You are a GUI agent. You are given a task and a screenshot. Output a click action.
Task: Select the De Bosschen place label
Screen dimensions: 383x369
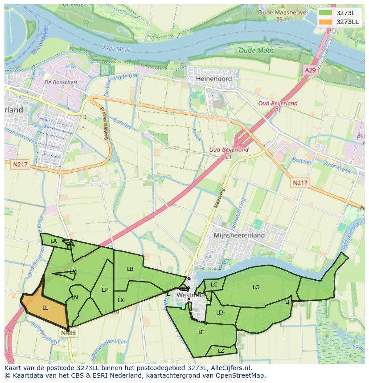tap(61, 82)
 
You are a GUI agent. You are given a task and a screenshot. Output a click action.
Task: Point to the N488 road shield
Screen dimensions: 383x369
tap(68, 332)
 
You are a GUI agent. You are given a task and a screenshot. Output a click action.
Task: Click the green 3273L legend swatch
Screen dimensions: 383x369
tap(325, 13)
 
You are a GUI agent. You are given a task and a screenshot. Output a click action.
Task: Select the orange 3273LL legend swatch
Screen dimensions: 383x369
tap(325, 22)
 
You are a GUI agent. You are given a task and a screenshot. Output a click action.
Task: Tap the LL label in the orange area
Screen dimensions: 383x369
tap(45, 307)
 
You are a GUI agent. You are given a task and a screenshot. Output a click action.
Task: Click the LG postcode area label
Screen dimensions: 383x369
tap(256, 287)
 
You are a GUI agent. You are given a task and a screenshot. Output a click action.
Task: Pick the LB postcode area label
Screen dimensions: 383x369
tap(130, 269)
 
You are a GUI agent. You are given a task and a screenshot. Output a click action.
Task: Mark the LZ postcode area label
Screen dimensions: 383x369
tap(221, 351)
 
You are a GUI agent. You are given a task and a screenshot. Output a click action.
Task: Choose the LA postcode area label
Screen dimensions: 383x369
tap(53, 241)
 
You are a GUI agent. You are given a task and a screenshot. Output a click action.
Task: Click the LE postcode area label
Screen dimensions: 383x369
tap(201, 332)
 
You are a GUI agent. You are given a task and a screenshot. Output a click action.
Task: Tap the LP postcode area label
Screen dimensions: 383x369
tap(104, 290)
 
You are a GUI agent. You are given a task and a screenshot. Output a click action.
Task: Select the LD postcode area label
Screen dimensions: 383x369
tap(219, 313)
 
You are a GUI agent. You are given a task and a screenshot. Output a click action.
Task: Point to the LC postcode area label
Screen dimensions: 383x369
tap(214, 285)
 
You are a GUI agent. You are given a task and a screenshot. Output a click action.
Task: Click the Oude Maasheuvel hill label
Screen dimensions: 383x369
tap(283, 13)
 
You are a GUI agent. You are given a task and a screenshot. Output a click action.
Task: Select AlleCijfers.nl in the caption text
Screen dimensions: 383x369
tap(230, 368)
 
